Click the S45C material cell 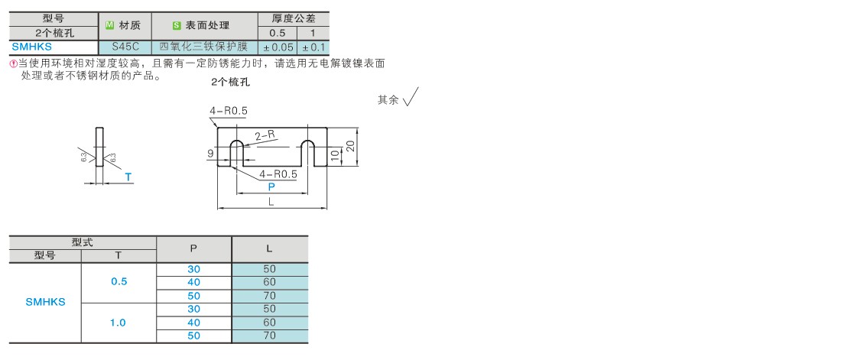point(125,47)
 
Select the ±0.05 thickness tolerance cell point(278,47)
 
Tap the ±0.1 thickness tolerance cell point(313,47)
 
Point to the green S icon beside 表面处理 point(177,25)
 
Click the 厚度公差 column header point(294,19)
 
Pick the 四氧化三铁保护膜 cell point(205,47)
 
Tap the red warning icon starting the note point(14,63)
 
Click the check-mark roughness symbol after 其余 point(411,96)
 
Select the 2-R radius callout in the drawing point(265,136)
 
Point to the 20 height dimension point(350,145)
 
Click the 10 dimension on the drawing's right point(335,156)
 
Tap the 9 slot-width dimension point(211,154)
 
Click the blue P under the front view point(271,186)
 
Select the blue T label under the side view point(128,177)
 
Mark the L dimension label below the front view point(271,202)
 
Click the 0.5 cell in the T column point(119,282)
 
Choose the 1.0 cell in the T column point(119,323)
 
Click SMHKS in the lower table point(46,302)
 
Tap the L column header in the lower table point(270,248)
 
